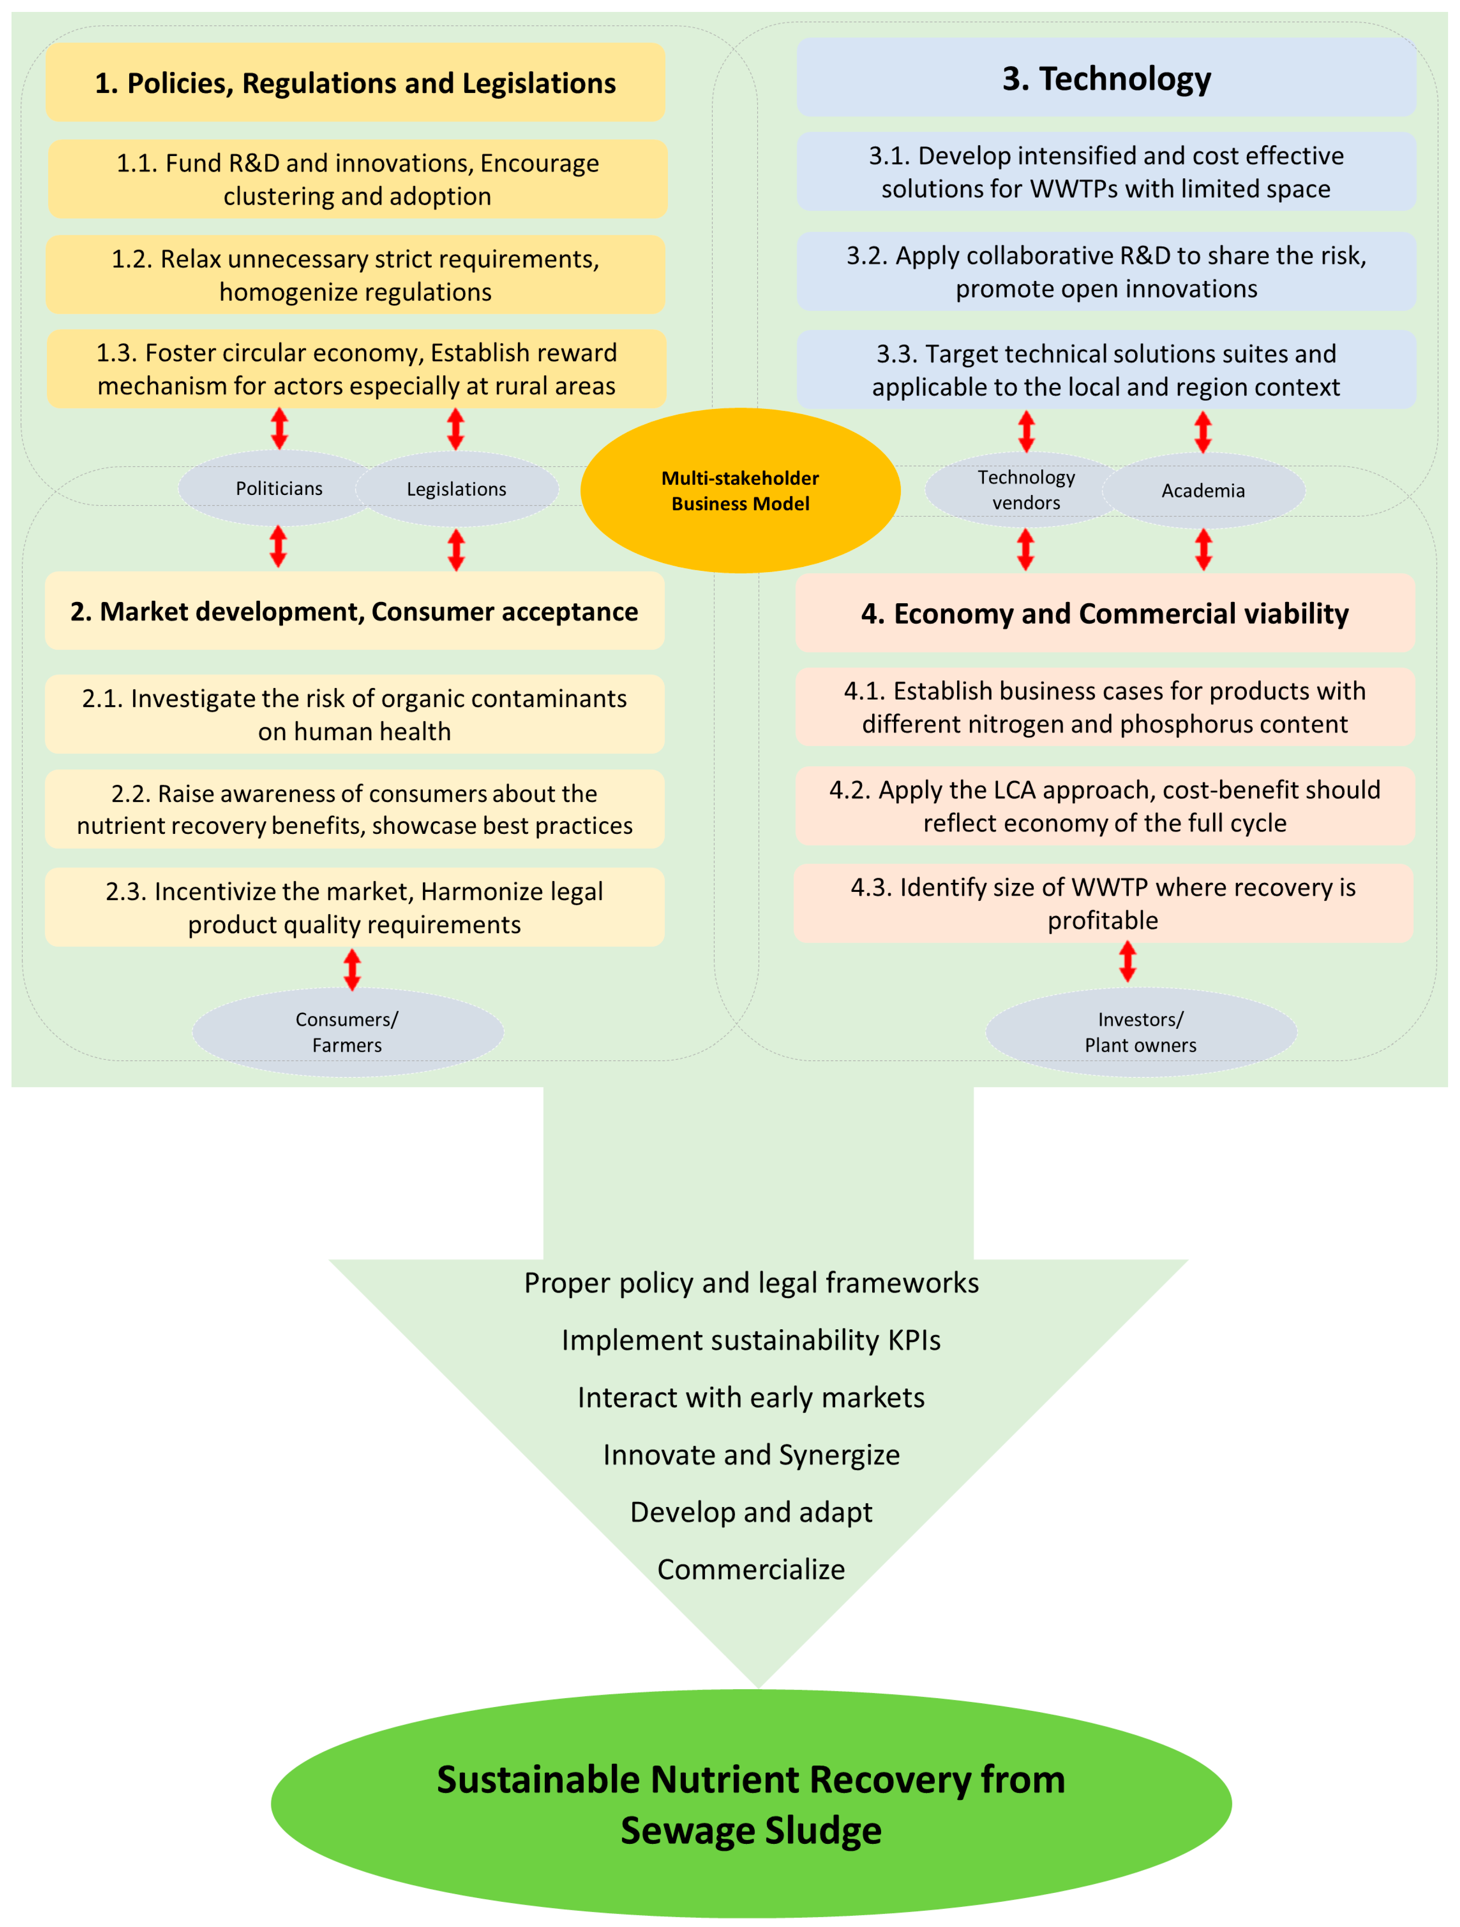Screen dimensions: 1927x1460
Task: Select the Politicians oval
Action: pos(279,488)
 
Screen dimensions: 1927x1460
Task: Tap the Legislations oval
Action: pos(457,489)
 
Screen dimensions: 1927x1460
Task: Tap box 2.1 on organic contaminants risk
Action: pos(355,715)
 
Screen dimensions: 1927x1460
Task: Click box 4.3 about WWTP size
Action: pos(1103,903)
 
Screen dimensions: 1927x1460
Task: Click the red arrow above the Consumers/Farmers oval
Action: pos(352,969)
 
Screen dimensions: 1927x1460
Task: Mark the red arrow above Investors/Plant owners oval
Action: pos(1127,962)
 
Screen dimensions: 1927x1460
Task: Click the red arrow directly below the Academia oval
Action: pos(1203,550)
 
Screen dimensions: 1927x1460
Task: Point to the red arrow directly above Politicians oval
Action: pos(279,428)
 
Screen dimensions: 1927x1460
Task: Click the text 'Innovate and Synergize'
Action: pos(751,1455)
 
